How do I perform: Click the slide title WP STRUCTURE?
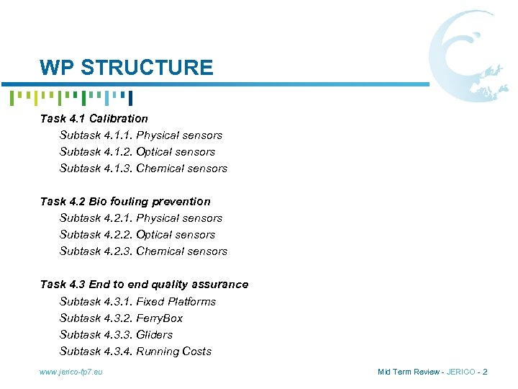[127, 68]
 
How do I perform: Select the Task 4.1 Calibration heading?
[94, 118]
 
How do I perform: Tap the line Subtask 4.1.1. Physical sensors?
[141, 135]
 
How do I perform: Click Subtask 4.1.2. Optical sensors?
[137, 151]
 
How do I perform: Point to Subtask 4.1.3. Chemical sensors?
[143, 168]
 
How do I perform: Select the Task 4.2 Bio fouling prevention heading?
[125, 201]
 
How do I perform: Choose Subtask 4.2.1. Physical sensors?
[141, 218]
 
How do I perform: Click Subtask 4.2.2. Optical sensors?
[137, 234]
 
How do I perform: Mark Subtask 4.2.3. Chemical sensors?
[143, 251]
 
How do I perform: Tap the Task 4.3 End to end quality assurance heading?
[144, 284]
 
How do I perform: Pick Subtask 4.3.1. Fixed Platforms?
[137, 301]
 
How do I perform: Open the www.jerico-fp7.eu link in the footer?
[71, 372]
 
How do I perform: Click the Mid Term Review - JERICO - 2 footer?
[432, 372]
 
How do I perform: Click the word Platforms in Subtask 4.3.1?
[191, 301]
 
